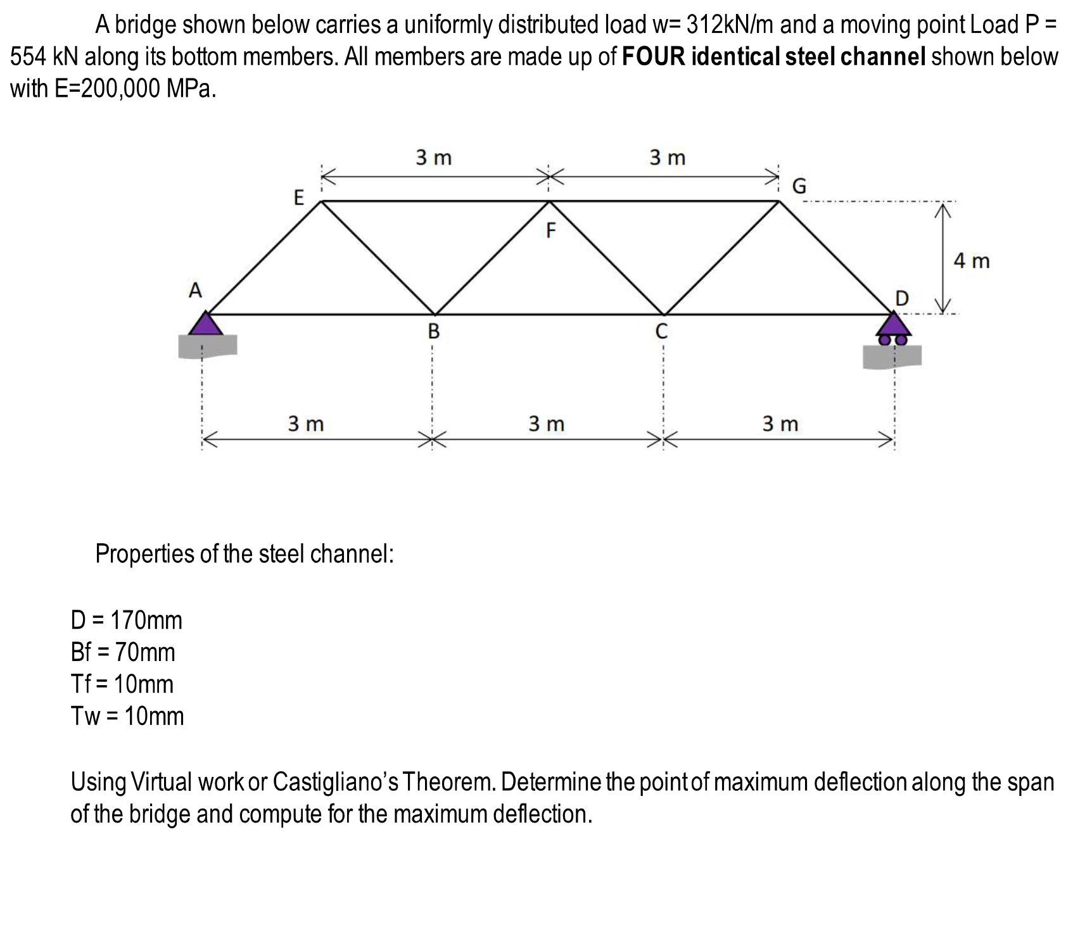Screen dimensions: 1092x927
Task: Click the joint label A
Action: tap(196, 291)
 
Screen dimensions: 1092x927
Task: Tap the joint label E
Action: tap(299, 198)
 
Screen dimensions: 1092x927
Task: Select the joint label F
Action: tap(550, 231)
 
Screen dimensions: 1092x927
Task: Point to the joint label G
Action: tap(800, 186)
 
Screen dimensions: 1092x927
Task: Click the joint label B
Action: tap(433, 331)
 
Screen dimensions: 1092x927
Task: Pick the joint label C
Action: tap(661, 331)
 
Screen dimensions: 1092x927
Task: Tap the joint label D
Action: tap(901, 298)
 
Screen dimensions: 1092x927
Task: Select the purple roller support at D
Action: tap(894, 328)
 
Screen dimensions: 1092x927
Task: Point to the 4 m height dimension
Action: tap(972, 260)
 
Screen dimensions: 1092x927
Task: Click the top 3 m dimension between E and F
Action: tap(434, 157)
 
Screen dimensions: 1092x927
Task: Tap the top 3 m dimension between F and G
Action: tap(668, 157)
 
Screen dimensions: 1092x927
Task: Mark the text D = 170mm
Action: tap(127, 620)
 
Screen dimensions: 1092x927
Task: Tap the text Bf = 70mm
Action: tap(123, 652)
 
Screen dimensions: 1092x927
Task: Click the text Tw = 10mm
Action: tap(127, 716)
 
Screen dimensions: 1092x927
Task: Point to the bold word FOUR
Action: tap(654, 57)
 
